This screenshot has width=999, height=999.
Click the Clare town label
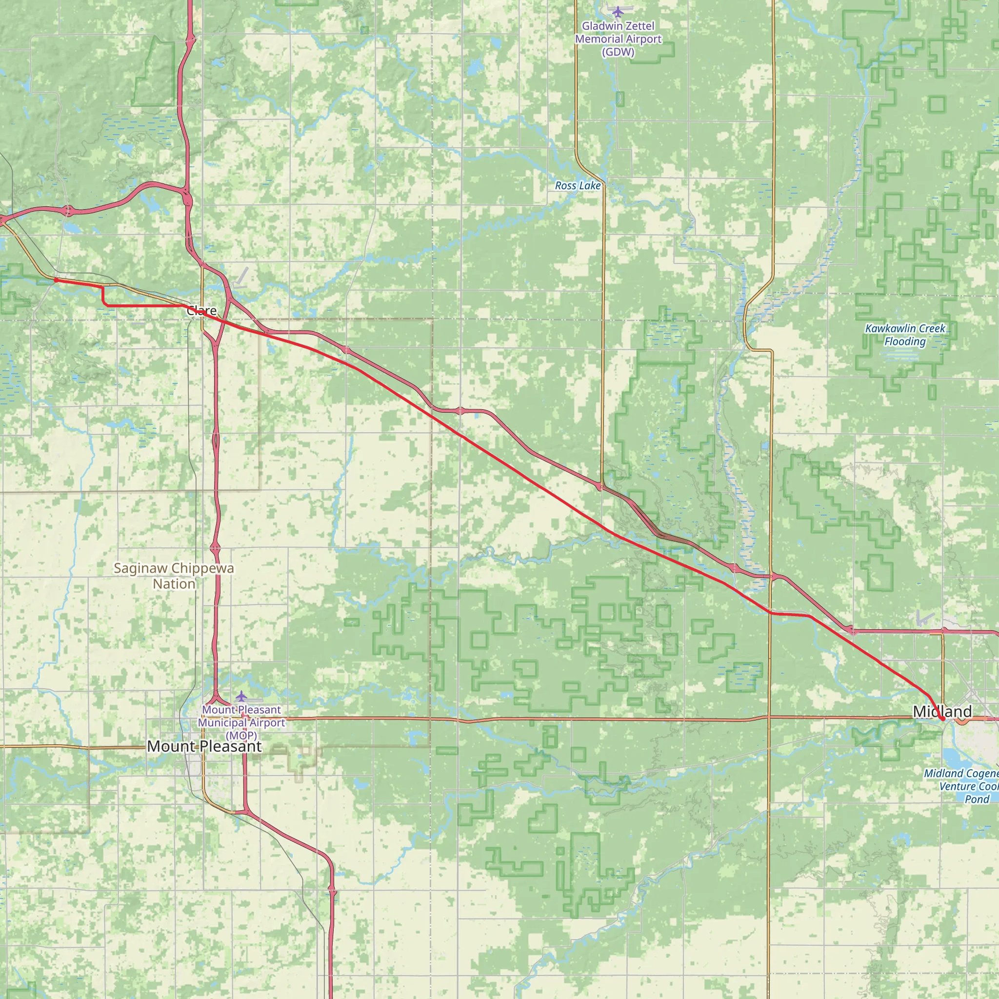click(201, 310)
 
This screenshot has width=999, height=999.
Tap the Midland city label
click(942, 712)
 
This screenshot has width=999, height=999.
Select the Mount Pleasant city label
click(204, 746)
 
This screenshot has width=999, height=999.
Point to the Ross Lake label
click(578, 186)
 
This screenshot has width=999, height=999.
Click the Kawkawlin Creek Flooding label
click(905, 335)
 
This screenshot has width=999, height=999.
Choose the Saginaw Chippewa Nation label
click(174, 576)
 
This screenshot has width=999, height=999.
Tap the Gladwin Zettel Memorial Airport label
click(618, 39)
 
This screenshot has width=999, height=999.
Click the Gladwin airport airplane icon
click(618, 11)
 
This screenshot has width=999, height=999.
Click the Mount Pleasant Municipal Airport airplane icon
click(241, 696)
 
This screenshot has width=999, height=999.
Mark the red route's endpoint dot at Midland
click(942, 719)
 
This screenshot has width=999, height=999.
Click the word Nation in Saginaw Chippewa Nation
click(174, 584)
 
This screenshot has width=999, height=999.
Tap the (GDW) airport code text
click(618, 52)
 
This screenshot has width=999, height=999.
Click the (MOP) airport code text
click(241, 735)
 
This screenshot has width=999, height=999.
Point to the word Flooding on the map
click(905, 341)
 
